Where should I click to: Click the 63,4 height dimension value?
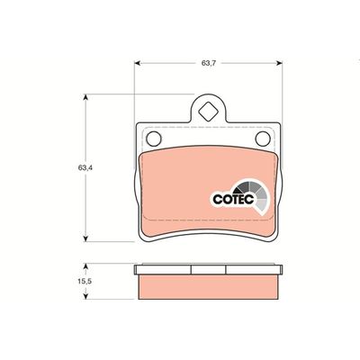pos(85,168)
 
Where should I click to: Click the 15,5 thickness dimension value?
pos(85,282)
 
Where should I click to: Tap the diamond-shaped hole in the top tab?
pos(208,112)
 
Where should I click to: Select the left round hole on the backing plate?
pos(154,139)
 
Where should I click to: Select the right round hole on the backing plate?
pos(263,139)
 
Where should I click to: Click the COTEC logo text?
pos(233,199)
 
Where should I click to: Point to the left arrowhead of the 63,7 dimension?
pos(138,63)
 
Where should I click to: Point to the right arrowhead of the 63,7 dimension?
pos(279,63)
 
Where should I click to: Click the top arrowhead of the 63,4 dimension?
pos(85,97)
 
